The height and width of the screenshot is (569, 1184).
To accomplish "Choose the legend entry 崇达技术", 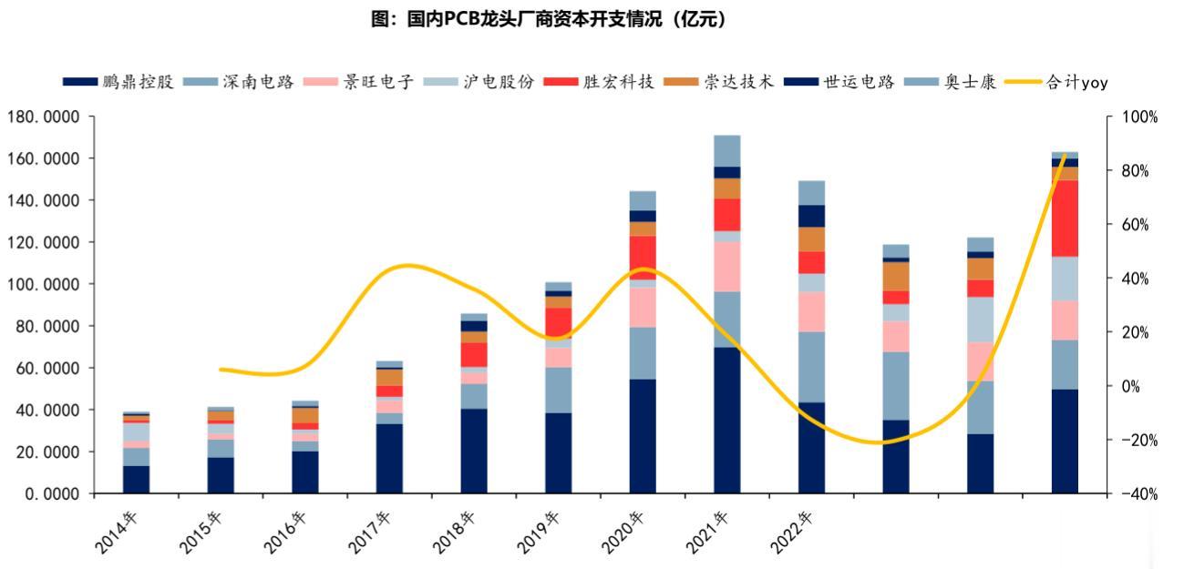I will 739,83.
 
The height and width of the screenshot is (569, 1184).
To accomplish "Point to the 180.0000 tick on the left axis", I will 44,117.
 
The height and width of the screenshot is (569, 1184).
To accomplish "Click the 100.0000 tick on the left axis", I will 44,284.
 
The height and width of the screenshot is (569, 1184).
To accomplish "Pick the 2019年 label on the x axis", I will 541,533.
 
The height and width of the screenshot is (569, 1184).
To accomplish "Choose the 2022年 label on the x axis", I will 795,533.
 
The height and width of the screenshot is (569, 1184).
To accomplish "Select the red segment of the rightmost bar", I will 1065,218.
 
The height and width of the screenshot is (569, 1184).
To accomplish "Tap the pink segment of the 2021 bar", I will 726,267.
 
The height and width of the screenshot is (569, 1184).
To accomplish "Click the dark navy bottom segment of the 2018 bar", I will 473,451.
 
